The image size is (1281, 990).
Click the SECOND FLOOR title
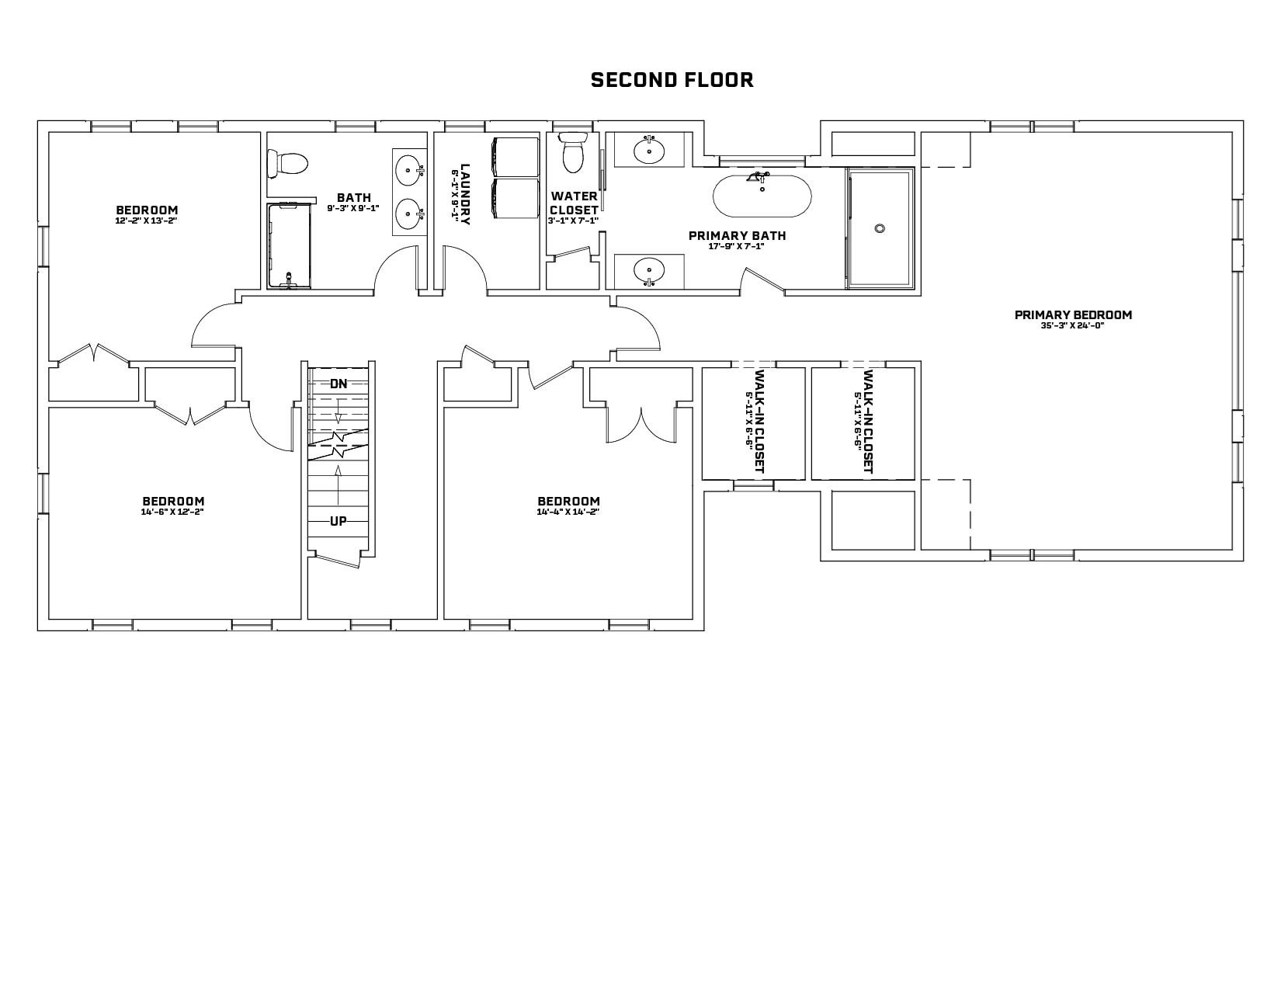pyautogui.click(x=672, y=80)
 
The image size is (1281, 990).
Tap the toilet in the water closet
pyautogui.click(x=572, y=151)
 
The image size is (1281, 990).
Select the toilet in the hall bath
pyautogui.click(x=287, y=163)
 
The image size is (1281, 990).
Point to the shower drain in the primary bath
pyautogui.click(x=880, y=228)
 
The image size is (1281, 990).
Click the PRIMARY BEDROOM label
pyautogui.click(x=1073, y=315)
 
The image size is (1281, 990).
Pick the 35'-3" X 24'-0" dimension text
pyautogui.click(x=1072, y=325)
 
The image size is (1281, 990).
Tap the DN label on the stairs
pyautogui.click(x=338, y=384)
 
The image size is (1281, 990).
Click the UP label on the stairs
pyautogui.click(x=338, y=521)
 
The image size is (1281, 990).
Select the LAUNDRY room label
pyautogui.click(x=465, y=194)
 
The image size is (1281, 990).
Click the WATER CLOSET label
pyautogui.click(x=574, y=203)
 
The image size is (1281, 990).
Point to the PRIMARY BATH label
pyautogui.click(x=737, y=236)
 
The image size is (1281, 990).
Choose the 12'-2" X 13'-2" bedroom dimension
pyautogui.click(x=146, y=221)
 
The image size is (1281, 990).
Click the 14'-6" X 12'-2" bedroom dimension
pyautogui.click(x=172, y=512)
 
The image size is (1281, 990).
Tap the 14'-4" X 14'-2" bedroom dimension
pyautogui.click(x=568, y=512)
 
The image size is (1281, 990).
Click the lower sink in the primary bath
pyautogui.click(x=649, y=271)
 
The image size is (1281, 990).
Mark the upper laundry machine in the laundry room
pyautogui.click(x=515, y=157)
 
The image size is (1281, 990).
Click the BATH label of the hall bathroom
pyautogui.click(x=354, y=197)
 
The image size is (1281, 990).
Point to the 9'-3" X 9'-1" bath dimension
pyautogui.click(x=353, y=207)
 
